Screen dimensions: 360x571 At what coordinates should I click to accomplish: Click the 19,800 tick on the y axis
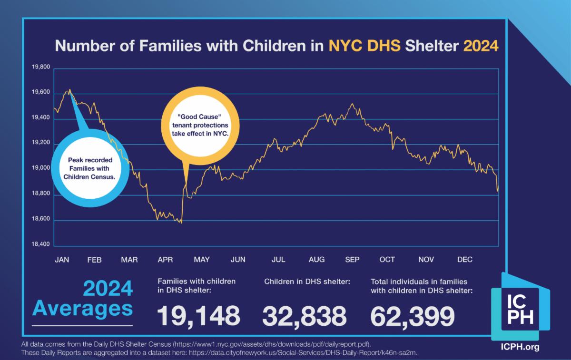[x=40, y=67]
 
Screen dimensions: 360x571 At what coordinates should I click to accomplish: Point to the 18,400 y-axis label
[x=40, y=244]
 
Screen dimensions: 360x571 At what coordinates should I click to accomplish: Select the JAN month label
[x=62, y=260]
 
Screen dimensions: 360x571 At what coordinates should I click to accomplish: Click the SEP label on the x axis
[x=352, y=260]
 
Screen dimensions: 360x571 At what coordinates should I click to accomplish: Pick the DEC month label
[x=464, y=260]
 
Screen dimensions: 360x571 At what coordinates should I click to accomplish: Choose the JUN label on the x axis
[x=238, y=260]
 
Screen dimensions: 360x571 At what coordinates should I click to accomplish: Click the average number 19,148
[x=199, y=316]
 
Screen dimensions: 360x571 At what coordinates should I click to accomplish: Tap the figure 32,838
[x=305, y=316]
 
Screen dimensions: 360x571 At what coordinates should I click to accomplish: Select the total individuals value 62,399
[x=412, y=316]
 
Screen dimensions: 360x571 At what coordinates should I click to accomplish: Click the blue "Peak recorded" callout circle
[x=89, y=169]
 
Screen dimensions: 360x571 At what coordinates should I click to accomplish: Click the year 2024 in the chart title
[x=481, y=47]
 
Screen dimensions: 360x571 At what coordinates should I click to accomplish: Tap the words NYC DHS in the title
[x=365, y=47]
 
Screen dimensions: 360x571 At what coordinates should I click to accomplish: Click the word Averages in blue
[x=83, y=308]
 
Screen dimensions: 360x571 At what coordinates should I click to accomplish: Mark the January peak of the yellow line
[x=70, y=89]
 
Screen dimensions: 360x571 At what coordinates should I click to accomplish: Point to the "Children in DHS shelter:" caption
[x=307, y=282]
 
